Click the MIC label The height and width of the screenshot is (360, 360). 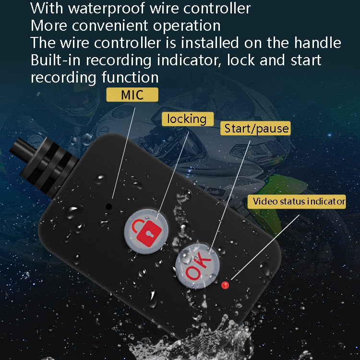[x=132, y=95]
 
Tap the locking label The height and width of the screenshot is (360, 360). [x=187, y=119]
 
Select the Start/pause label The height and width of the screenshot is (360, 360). [x=256, y=128]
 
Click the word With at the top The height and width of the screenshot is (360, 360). [x=48, y=9]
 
